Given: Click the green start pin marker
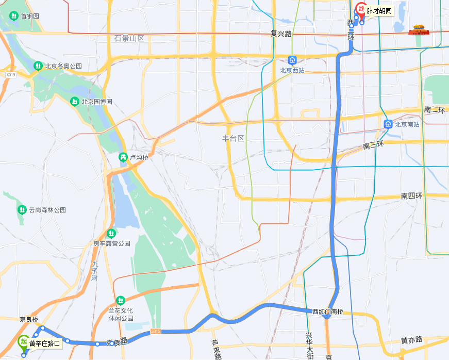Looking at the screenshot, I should (23, 342).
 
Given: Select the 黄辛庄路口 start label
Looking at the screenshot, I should (45, 343).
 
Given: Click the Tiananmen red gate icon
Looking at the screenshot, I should (418, 30).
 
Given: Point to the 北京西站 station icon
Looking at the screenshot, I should (292, 60).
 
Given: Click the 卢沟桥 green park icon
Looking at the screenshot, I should (123, 157).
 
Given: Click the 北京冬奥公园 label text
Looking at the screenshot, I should (63, 66).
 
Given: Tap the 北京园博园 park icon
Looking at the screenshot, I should (75, 102).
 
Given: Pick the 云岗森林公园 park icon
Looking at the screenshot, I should (22, 210).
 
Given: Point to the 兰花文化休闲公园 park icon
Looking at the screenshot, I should (121, 300).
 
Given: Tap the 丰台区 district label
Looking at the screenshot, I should (232, 138).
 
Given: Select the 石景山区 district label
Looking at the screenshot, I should (129, 38).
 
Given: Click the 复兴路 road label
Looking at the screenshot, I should (281, 34).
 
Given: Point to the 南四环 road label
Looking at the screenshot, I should (412, 196).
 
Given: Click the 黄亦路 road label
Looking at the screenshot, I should (412, 340).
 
